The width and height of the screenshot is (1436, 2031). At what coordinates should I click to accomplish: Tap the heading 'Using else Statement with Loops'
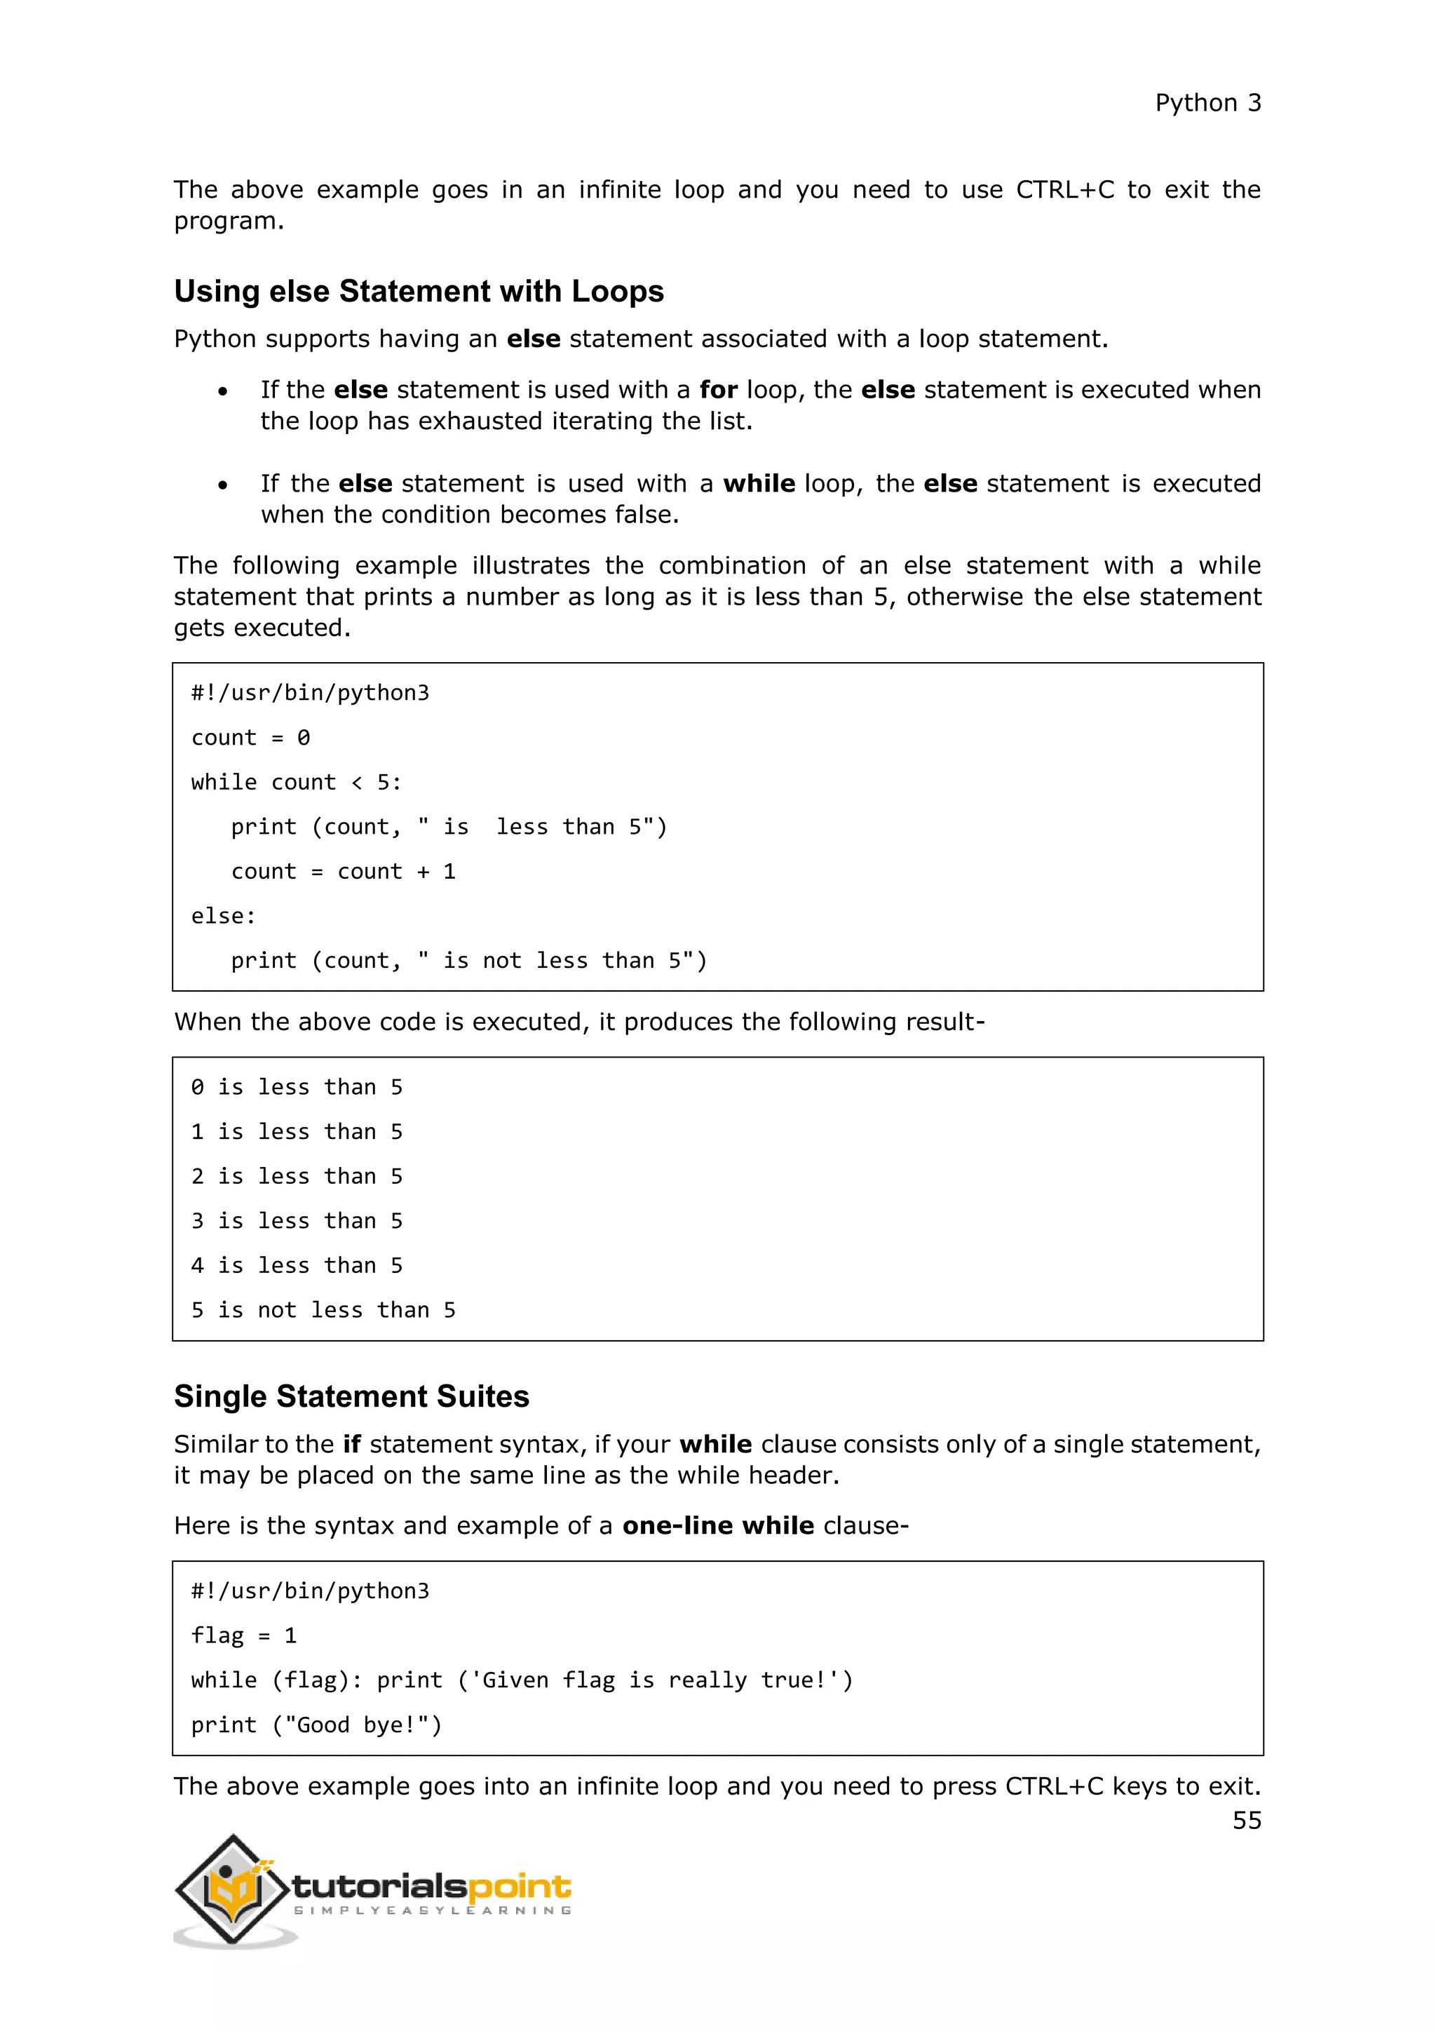click(x=418, y=291)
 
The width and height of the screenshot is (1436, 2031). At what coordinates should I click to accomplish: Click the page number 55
click(x=1246, y=1821)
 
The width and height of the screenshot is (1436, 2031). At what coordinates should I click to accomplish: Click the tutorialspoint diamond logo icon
click(x=233, y=1890)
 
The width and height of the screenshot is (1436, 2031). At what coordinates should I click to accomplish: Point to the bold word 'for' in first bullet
click(x=718, y=390)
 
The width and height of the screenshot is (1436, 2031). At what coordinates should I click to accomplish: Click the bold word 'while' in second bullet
click(x=759, y=484)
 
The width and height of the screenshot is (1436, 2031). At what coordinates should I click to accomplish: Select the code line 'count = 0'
click(x=250, y=738)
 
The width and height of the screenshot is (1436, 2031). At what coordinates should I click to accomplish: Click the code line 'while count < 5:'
click(x=296, y=783)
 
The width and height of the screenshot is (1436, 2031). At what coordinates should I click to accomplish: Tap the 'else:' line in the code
click(x=223, y=917)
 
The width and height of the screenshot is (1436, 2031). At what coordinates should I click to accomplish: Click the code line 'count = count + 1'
click(x=343, y=872)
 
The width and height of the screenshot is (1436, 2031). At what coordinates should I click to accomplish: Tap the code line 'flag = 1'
click(x=243, y=1636)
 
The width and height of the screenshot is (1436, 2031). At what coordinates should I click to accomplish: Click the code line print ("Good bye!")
click(x=316, y=1726)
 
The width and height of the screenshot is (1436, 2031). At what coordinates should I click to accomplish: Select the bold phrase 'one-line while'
click(x=717, y=1526)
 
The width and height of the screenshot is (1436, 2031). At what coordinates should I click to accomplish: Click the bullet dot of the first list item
click(x=223, y=391)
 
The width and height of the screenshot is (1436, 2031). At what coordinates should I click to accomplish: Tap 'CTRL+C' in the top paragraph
click(x=1064, y=190)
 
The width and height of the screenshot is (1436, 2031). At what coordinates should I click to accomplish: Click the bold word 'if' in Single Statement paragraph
click(x=351, y=1445)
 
